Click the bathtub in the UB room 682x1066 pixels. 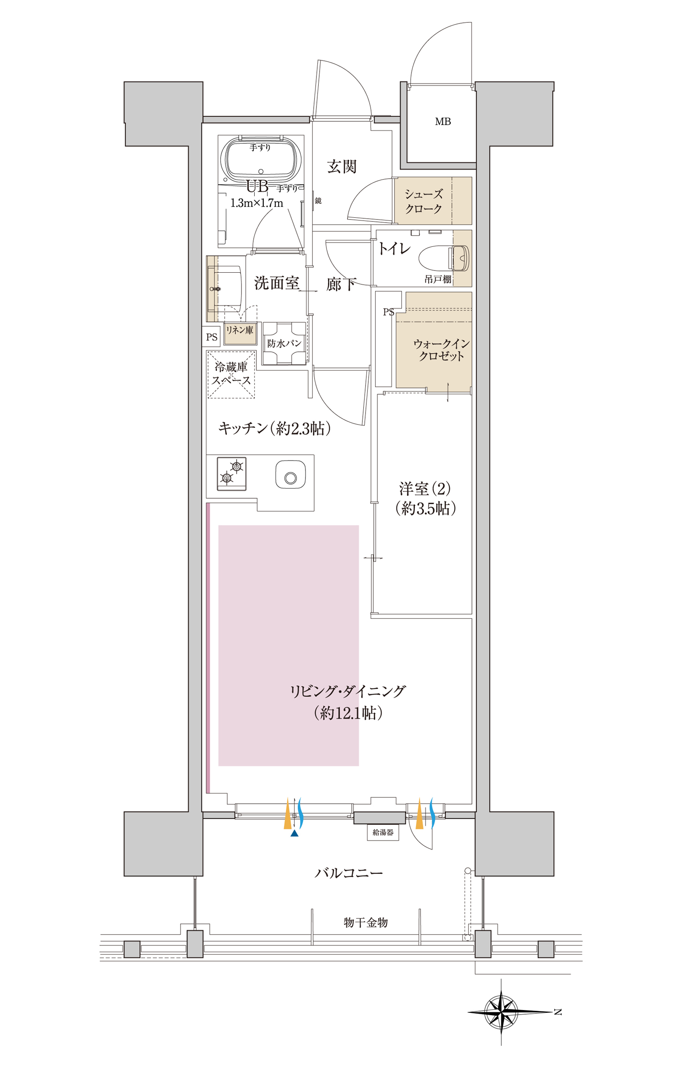261,160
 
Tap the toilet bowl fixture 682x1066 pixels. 444,258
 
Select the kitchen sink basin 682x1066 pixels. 291,475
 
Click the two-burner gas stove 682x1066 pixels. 232,474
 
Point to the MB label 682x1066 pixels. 443,122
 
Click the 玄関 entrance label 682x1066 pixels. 341,167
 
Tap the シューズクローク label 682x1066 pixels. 423,201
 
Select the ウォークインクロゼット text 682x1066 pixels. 441,350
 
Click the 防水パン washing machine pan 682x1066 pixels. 284,343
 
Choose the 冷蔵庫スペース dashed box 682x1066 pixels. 231,375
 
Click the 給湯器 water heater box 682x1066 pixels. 383,832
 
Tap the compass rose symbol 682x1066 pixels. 501,1012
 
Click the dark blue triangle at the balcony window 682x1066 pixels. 295,833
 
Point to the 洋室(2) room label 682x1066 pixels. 425,489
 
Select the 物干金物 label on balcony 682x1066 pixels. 366,922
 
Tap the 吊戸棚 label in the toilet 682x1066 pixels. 438,280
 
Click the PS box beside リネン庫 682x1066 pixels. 211,337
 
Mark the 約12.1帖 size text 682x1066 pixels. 348,713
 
